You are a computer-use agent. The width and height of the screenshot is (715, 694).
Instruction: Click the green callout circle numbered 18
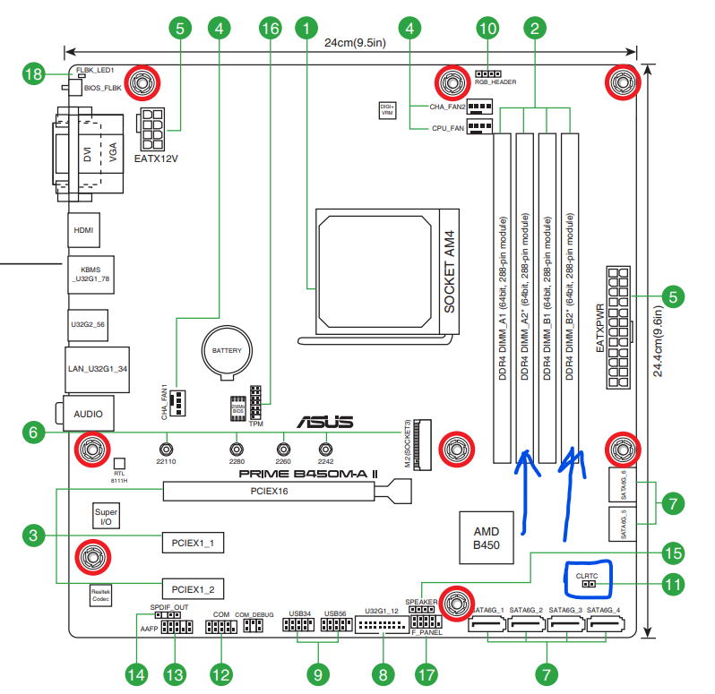pos(35,75)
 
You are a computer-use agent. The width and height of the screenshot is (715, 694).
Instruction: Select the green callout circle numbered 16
pos(270,29)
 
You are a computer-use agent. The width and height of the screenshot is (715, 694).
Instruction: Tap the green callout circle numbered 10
pos(487,29)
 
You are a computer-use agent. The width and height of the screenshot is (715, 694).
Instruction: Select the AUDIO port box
pos(88,414)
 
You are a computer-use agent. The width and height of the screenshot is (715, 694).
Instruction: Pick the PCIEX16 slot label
pos(270,492)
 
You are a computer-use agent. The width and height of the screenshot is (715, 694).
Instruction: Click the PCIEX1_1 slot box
pos(193,543)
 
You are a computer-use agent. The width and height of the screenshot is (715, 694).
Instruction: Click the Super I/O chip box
pos(106,515)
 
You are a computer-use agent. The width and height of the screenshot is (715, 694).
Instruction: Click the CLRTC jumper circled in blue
pos(587,579)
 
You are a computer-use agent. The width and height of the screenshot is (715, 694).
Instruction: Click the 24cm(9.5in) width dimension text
pos(355,42)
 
